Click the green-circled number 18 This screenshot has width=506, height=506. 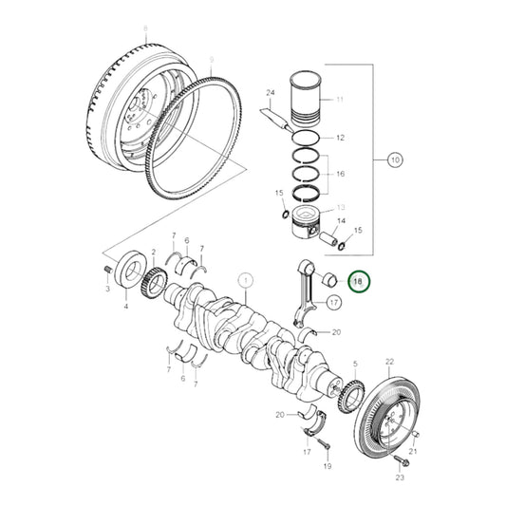(x=359, y=281)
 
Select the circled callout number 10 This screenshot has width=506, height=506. (x=395, y=159)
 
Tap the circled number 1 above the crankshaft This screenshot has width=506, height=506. (x=245, y=281)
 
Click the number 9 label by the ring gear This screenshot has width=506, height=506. (x=211, y=60)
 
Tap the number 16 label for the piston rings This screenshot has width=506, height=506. (x=340, y=175)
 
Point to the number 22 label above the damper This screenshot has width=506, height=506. (x=388, y=362)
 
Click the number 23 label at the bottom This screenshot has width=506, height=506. (x=400, y=478)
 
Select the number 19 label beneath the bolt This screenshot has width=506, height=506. (x=326, y=469)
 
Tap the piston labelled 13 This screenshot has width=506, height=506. (x=311, y=227)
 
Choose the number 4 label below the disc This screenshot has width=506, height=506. (x=124, y=307)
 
